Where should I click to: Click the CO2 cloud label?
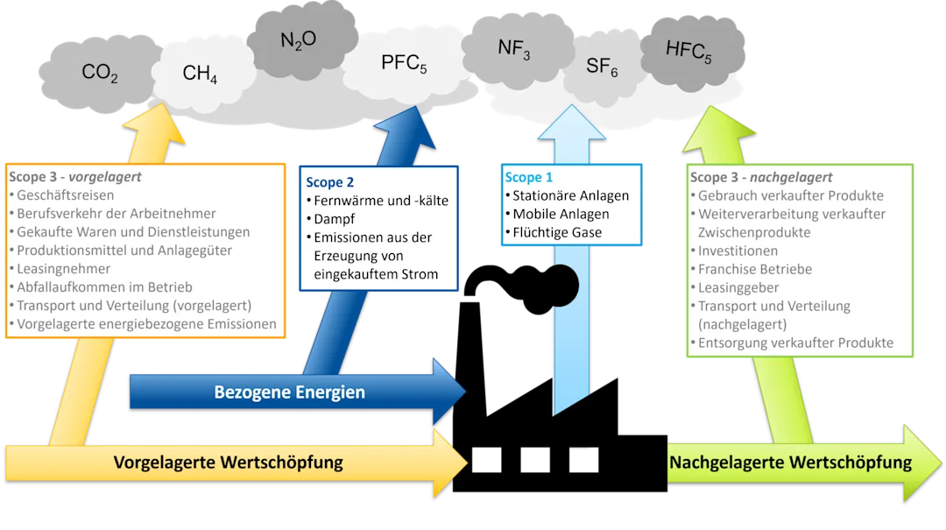[100, 73]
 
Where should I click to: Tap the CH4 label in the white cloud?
[200, 74]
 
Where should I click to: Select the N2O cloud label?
[298, 40]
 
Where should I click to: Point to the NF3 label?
[514, 48]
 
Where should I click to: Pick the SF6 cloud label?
[602, 67]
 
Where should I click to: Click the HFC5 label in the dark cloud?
[688, 51]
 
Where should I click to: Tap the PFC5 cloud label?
[404, 63]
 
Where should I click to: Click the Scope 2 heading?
[329, 182]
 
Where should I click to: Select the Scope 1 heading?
[528, 178]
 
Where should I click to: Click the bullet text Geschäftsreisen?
[65, 195]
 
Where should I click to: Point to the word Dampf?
[335, 219]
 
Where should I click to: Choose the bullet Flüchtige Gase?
[557, 232]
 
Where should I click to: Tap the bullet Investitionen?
[738, 251]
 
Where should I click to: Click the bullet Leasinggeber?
[738, 288]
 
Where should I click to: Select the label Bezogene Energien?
[290, 392]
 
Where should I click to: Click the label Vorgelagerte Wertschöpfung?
[228, 463]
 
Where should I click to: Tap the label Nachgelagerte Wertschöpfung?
[790, 463]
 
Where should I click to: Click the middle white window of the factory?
[535, 460]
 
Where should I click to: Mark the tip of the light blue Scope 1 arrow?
[571, 105]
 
